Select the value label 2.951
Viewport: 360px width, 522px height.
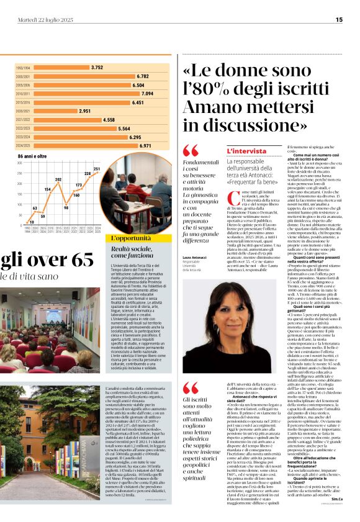(85, 110)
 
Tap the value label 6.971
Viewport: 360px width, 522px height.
(145, 145)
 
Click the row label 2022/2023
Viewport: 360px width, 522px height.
(22, 128)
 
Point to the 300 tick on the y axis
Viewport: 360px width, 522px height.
(20, 163)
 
